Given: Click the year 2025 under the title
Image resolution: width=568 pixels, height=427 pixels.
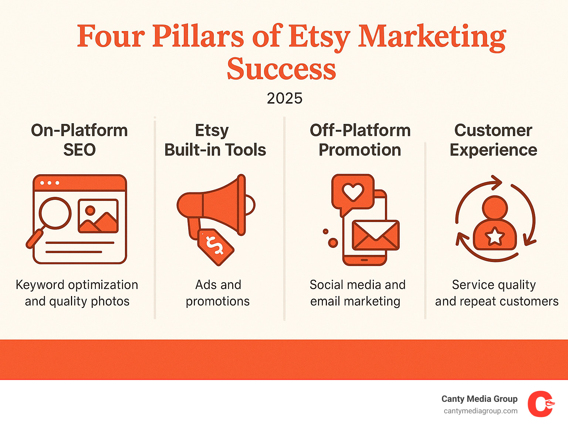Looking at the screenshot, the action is pos(284,98).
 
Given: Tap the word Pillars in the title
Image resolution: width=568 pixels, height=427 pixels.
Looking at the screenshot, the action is pos(198,36).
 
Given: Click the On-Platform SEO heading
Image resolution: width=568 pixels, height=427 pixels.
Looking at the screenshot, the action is pos(80,140).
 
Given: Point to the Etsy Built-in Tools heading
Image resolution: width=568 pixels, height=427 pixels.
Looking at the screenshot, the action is pos(215,140).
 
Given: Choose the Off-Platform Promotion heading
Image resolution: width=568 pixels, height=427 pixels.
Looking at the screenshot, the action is pos(360,140).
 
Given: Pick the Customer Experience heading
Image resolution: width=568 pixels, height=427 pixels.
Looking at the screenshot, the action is pos(493,140).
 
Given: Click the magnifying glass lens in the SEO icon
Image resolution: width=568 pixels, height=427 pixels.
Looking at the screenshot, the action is pos(55,213).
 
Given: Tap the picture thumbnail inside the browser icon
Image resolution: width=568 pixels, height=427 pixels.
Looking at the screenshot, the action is pos(98,216).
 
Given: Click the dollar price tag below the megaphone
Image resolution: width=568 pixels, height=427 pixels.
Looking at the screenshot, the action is pos(216,247).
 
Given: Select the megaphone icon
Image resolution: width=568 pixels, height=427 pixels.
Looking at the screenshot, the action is pos(216,205).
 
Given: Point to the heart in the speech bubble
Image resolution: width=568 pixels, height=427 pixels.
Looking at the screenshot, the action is pos(353,192).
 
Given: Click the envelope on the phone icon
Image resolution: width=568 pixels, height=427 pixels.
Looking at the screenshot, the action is pos(376,235).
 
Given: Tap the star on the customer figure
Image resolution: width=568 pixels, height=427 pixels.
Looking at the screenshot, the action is pos(494,236).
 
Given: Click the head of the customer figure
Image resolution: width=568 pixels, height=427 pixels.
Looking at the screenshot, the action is pos(495,208).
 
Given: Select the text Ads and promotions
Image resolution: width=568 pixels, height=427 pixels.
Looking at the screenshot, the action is pos(218,293).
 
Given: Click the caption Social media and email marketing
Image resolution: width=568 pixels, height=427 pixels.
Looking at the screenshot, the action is pos(357,293).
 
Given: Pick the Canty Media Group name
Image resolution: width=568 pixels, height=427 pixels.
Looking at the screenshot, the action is pos(480,399).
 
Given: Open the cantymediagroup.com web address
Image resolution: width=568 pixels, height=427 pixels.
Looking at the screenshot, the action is pos(480,411).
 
